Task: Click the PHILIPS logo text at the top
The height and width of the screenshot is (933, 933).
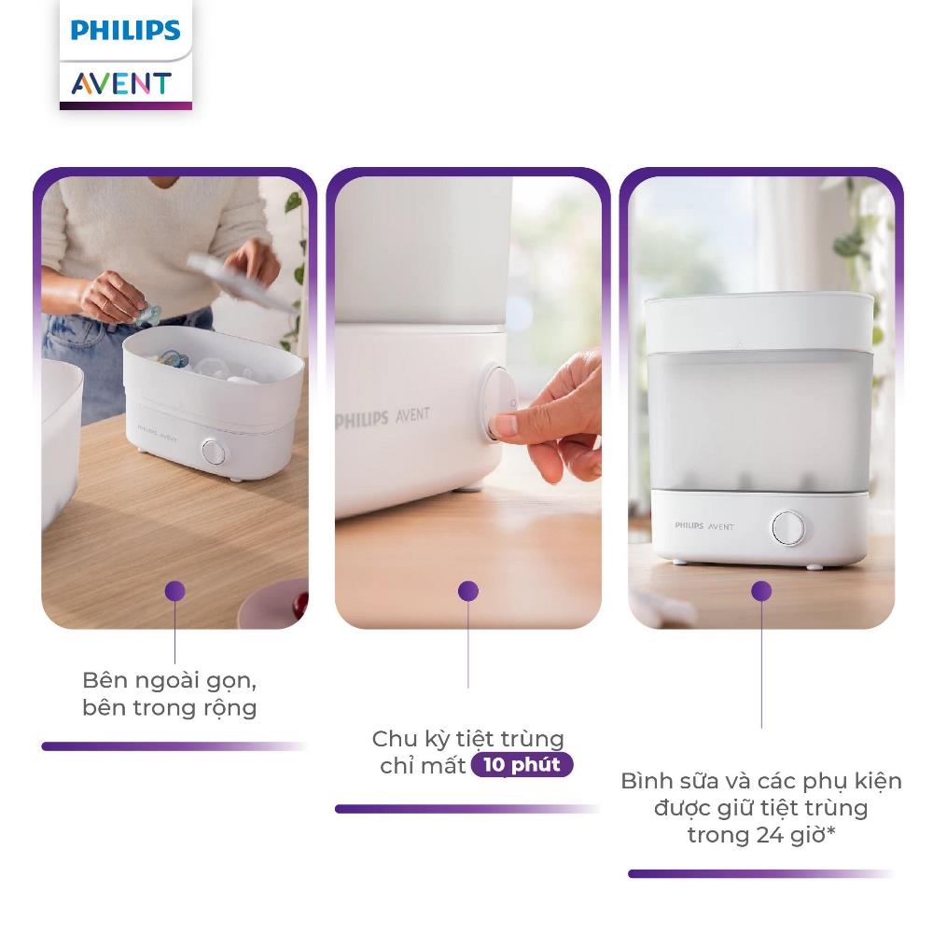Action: (x=126, y=31)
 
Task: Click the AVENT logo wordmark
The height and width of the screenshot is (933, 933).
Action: (x=122, y=83)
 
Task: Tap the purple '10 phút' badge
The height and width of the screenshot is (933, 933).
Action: (x=522, y=765)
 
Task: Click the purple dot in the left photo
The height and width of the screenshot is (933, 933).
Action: (x=175, y=591)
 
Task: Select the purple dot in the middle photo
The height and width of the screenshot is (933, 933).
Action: (x=468, y=591)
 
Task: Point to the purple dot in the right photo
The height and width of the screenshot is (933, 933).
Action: (x=761, y=591)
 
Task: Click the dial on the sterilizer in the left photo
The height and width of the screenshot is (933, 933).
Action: (x=214, y=453)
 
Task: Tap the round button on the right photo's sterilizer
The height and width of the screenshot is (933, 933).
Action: (x=788, y=528)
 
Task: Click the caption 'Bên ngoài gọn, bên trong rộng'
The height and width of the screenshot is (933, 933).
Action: (x=170, y=694)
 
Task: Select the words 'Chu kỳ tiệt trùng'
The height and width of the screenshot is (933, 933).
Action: (x=468, y=738)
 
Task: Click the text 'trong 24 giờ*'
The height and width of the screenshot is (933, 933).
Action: (x=761, y=835)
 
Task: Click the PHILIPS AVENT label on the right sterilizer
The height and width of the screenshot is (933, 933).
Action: (x=704, y=526)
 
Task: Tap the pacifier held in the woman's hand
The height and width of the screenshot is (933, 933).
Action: (x=147, y=313)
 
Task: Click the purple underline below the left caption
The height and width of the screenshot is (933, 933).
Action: (x=174, y=746)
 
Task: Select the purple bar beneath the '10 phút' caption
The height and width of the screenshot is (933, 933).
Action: (x=466, y=809)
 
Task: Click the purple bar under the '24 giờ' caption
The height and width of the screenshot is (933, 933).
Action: (x=759, y=873)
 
